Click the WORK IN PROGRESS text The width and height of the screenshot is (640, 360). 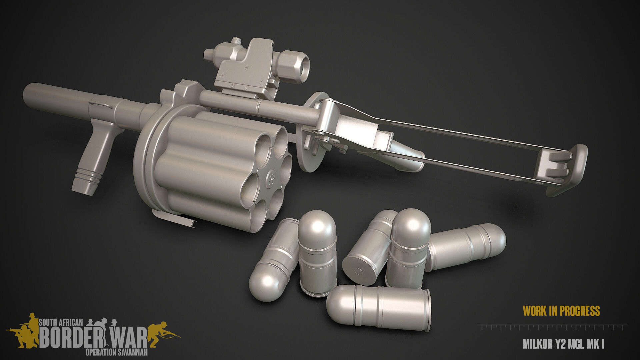pyautogui.click(x=561, y=311)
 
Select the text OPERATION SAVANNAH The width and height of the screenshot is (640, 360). pyautogui.click(x=116, y=352)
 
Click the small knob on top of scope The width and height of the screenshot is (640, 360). pyautogui.click(x=236, y=40)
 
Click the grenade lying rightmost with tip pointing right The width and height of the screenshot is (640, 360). pyautogui.click(x=467, y=246)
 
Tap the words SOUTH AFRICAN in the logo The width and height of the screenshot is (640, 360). pyautogui.click(x=61, y=322)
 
